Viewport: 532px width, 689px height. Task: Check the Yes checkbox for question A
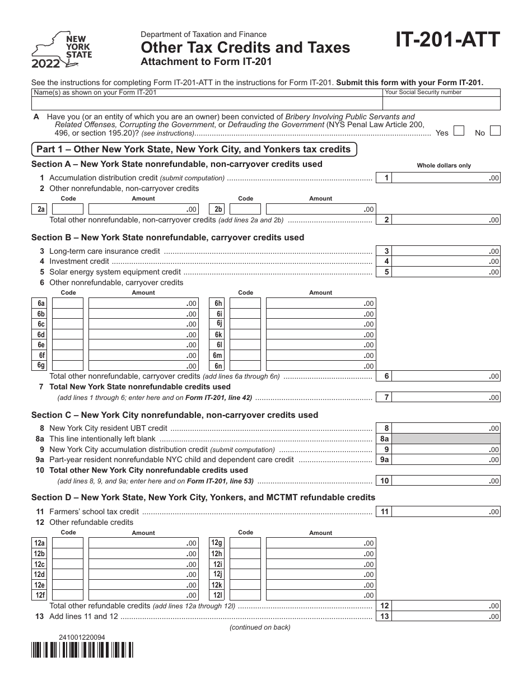(x=459, y=131)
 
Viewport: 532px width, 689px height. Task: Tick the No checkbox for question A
(x=495, y=131)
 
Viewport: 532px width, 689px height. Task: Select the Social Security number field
(x=441, y=103)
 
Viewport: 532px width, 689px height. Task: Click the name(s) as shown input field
(x=207, y=103)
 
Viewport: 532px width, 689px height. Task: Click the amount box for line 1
(x=446, y=178)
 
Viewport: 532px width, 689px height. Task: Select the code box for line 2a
(x=68, y=210)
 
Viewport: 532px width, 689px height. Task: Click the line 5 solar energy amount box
(x=446, y=272)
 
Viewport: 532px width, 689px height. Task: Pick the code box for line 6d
(x=68, y=334)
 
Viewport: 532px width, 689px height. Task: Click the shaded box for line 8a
(x=446, y=439)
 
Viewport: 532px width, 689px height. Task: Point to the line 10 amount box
(x=446, y=481)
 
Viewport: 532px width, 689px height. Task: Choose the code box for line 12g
(x=245, y=543)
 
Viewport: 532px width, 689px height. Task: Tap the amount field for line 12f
(x=143, y=595)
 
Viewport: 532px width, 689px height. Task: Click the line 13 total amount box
(x=446, y=616)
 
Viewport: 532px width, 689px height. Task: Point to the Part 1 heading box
(x=194, y=150)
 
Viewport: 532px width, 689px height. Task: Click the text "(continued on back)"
(x=260, y=627)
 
